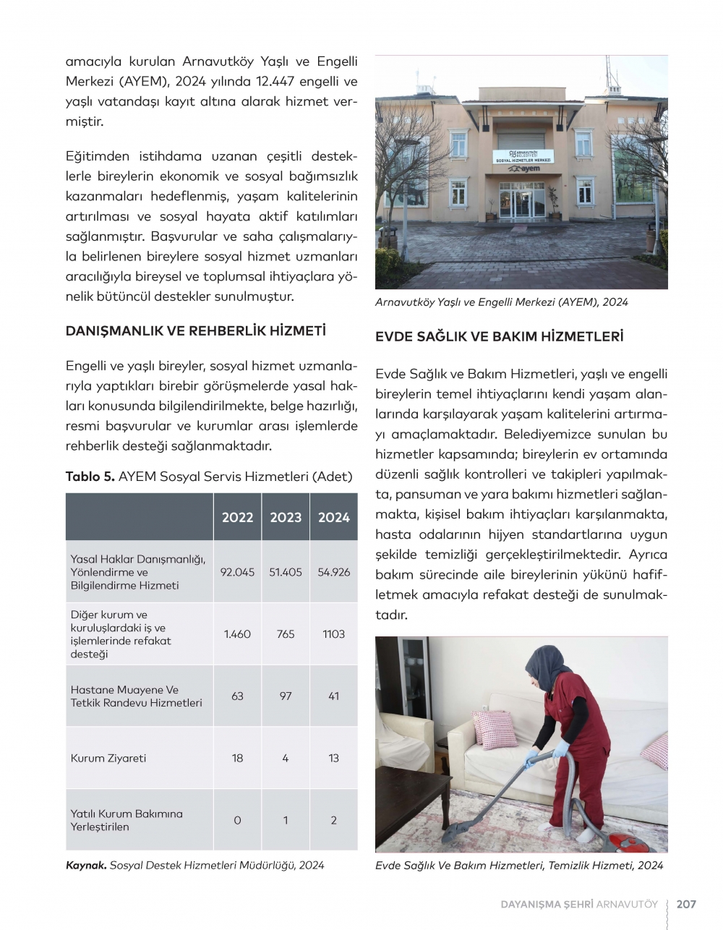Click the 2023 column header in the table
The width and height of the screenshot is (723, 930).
(286, 517)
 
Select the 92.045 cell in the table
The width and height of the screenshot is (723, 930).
(237, 572)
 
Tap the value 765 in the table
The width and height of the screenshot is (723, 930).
(286, 634)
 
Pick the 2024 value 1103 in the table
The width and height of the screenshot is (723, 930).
(333, 634)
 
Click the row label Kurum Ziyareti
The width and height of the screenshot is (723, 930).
(108, 758)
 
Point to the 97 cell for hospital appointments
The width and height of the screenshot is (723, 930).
(286, 696)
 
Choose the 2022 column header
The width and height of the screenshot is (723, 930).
(237, 517)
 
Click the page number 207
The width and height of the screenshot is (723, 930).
(686, 904)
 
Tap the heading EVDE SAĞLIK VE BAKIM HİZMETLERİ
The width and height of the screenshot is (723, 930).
(499, 336)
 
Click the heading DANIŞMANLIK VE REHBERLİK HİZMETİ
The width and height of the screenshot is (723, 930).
(195, 331)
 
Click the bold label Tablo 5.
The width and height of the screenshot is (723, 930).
(90, 477)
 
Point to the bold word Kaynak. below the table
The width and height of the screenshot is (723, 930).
(86, 865)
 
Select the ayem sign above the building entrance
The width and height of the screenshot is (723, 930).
(523, 168)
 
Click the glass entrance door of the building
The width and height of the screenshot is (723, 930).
(522, 202)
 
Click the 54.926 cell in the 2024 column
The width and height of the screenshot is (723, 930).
(333, 572)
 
